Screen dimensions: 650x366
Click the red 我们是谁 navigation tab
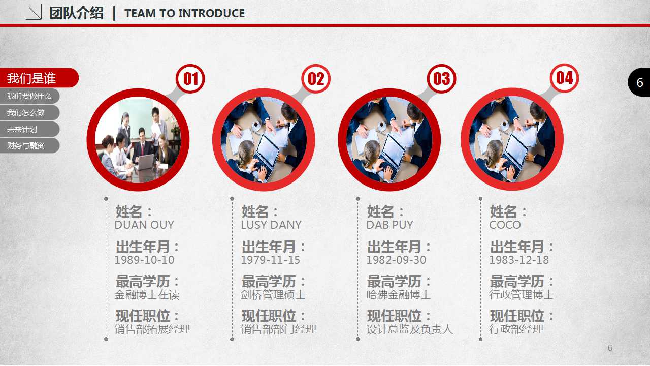click(39, 78)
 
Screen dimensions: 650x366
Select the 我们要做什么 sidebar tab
click(29, 96)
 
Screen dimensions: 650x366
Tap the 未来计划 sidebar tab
click(29, 129)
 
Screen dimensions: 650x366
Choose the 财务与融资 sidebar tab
click(29, 145)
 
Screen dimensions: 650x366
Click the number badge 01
click(190, 79)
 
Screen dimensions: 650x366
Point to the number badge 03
click(441, 79)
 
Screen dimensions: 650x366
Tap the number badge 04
click(564, 78)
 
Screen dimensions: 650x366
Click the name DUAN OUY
click(144, 225)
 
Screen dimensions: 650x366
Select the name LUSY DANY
click(271, 225)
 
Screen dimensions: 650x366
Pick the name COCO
click(505, 225)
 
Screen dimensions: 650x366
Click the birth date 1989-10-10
click(144, 260)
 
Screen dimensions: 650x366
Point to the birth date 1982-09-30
click(396, 260)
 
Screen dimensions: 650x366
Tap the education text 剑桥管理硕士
click(273, 295)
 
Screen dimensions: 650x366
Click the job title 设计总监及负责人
click(409, 329)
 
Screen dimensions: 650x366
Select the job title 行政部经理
click(516, 329)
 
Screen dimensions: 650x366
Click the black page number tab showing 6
click(639, 82)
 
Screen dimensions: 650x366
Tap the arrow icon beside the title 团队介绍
click(34, 13)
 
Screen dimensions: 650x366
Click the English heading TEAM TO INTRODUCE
click(184, 13)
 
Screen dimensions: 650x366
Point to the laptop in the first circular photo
click(145, 162)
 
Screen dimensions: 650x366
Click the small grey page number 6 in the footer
click(610, 348)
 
